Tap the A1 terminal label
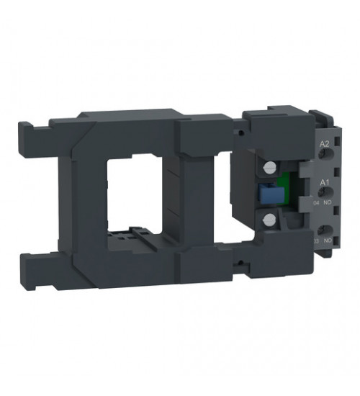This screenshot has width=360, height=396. coord(324,183)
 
